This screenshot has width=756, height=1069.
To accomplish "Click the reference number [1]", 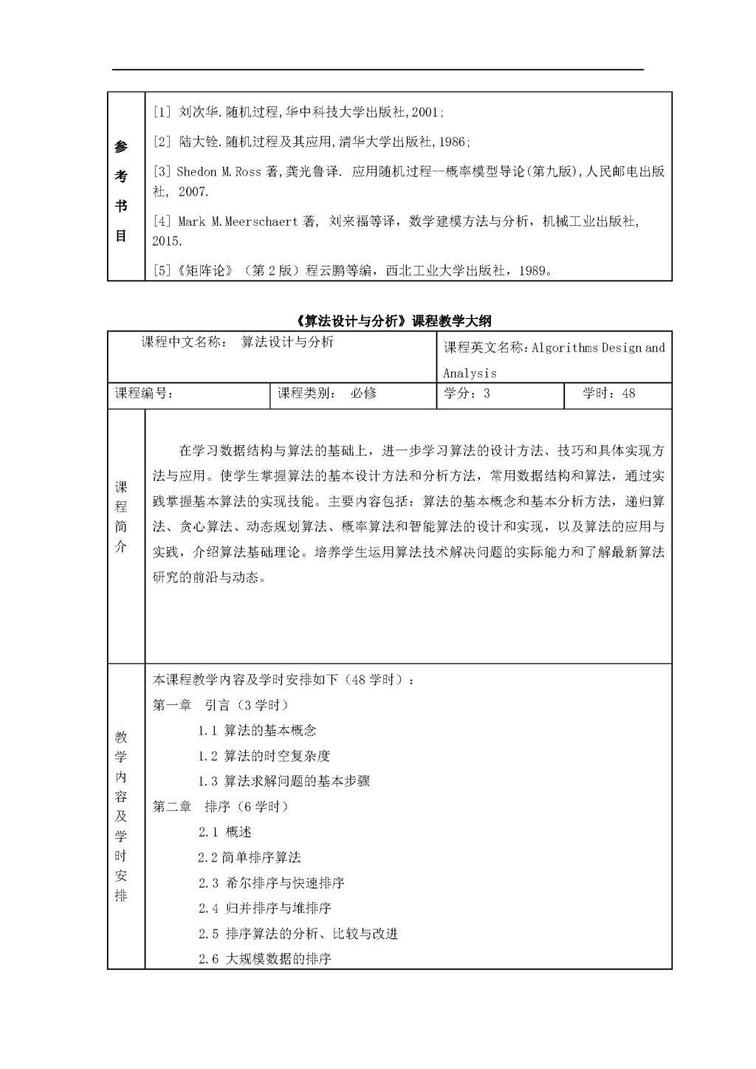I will pos(162,112).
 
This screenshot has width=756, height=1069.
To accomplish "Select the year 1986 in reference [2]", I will pos(453,142).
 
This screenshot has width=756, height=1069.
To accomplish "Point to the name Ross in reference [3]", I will pos(248,172).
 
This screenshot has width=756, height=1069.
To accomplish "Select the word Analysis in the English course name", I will pos(470,374).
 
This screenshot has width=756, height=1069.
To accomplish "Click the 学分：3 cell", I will pos(467,393).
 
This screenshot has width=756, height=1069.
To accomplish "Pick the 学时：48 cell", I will pos(608,393).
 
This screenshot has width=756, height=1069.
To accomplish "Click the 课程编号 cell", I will pos(145,393).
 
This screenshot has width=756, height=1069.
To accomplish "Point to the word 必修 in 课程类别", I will pos(363,393).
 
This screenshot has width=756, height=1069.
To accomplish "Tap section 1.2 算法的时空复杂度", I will pos(264,756).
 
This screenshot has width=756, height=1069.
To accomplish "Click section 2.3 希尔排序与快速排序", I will pos(271,883).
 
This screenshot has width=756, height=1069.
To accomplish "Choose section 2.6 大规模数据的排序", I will pos(264,959).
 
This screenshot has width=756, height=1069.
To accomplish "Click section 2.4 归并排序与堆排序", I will pos(264,908).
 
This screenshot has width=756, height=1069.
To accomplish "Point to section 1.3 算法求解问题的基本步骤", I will pos(283,781).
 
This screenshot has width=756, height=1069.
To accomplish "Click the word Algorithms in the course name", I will pos(565,348).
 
